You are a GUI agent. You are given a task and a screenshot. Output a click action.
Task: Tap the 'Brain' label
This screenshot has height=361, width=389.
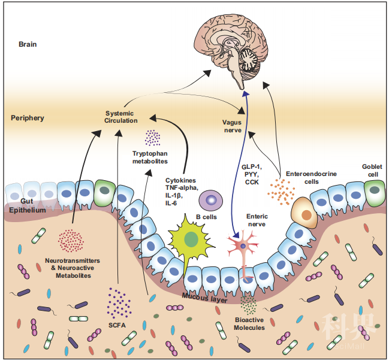[x=28, y=44]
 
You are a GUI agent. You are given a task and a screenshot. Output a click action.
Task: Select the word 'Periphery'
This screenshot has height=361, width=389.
[x=28, y=118]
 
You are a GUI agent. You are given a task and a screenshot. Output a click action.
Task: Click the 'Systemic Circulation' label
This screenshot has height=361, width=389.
[x=120, y=117]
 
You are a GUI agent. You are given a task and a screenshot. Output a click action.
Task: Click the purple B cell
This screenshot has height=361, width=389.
[x=211, y=199]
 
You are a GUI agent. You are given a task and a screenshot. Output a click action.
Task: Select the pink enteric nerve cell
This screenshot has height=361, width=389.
[x=245, y=246]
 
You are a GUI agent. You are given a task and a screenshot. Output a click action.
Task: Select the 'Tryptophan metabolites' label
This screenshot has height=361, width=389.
[x=150, y=157]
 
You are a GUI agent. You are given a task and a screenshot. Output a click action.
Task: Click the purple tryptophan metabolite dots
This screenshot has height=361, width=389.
[x=152, y=138]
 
